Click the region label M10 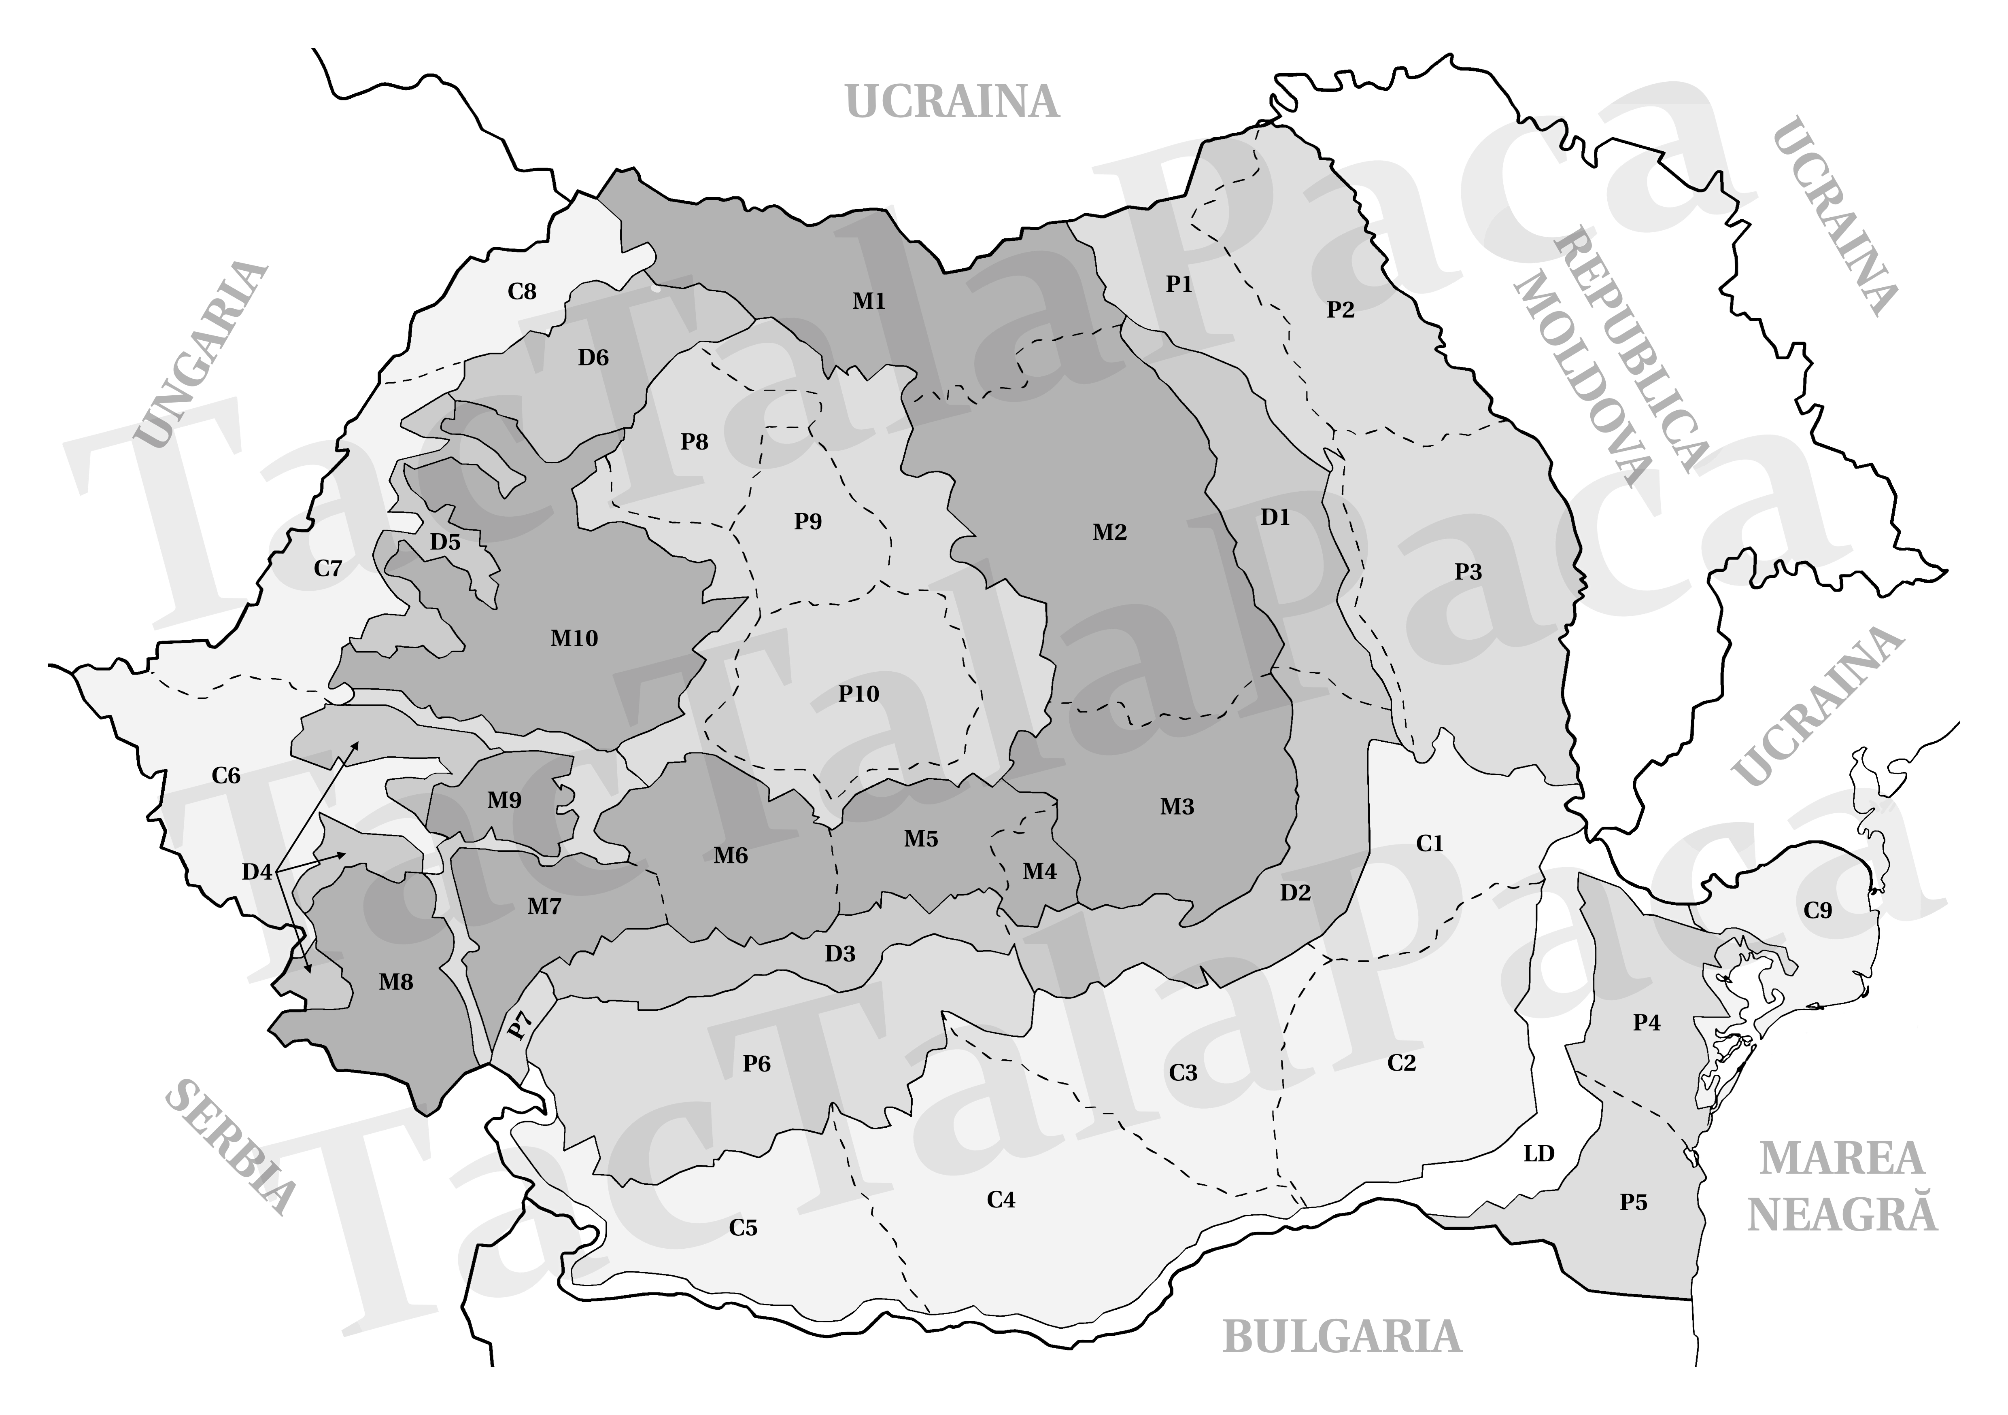[574, 639]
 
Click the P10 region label [858, 694]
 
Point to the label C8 [522, 291]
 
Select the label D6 [593, 357]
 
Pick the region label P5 [1633, 1203]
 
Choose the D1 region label [1275, 517]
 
